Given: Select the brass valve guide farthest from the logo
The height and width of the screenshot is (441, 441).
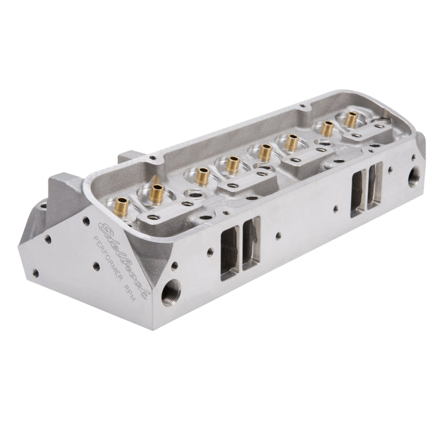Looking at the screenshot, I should tap(351, 117).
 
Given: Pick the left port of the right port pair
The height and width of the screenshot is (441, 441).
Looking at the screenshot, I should tap(358, 193).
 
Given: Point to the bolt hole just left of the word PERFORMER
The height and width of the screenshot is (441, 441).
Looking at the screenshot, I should tap(96, 266).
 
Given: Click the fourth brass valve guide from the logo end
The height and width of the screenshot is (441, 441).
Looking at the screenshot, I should tap(233, 164).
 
